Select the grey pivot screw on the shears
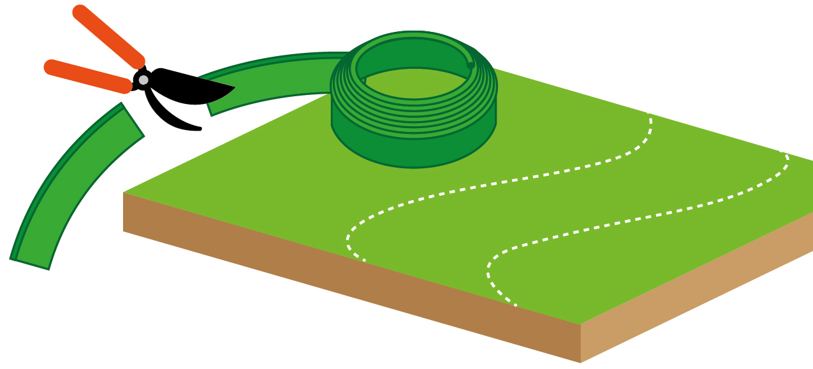tap(143, 80)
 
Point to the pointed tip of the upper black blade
tap(233, 89)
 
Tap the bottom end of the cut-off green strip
tap(30, 263)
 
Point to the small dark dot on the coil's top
tap(471, 65)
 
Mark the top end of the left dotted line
tap(648, 115)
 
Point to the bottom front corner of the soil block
tap(580, 362)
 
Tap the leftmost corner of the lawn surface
tap(124, 192)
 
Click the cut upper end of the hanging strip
tap(133, 120)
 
